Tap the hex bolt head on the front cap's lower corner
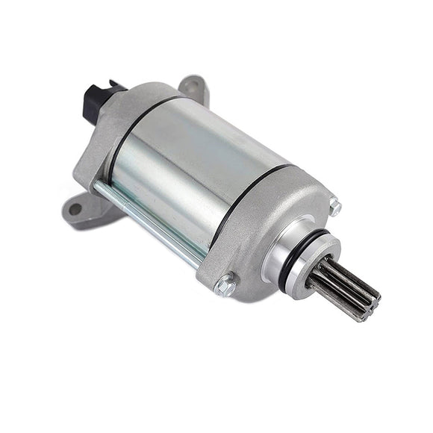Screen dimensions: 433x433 click(x=225, y=284)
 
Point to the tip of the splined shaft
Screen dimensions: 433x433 click(x=370, y=306)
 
